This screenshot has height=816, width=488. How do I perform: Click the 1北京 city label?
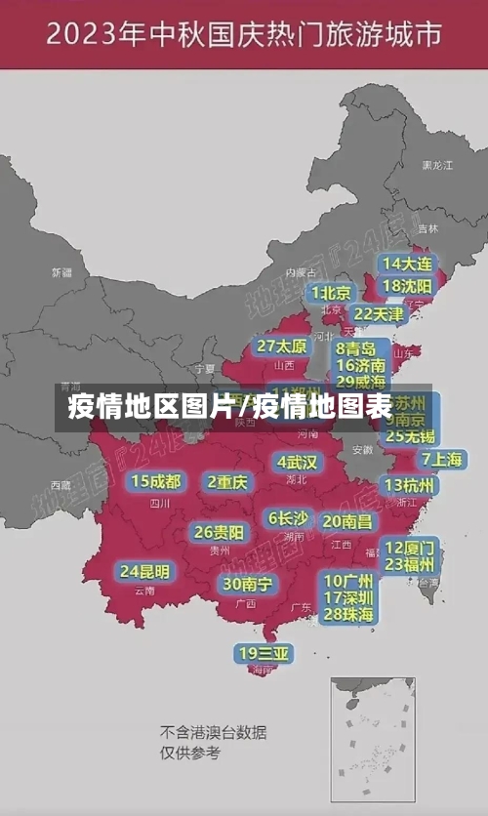[332, 292]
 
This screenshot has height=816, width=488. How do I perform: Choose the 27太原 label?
[282, 346]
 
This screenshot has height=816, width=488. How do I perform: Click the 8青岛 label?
[356, 348]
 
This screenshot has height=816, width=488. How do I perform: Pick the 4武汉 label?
[297, 461]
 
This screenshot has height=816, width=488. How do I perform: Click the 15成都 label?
[156, 481]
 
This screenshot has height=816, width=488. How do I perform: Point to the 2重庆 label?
[228, 481]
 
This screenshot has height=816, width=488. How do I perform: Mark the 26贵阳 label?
[219, 532]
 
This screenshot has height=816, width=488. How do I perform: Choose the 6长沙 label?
[288, 518]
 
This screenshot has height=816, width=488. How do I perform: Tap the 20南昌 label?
[347, 521]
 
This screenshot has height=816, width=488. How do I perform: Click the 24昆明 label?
[144, 570]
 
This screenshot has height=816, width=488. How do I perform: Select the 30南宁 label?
[247, 584]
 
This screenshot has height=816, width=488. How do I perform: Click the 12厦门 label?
[410, 548]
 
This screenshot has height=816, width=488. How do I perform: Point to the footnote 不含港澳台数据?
[213, 732]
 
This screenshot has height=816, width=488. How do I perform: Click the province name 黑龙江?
[436, 166]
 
